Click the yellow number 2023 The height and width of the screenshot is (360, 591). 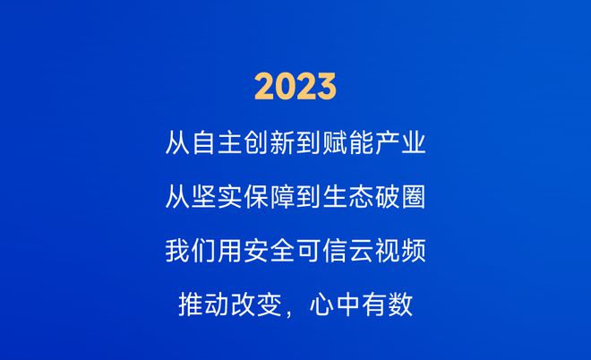[x=295, y=87]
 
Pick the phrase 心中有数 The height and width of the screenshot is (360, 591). [x=361, y=305]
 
